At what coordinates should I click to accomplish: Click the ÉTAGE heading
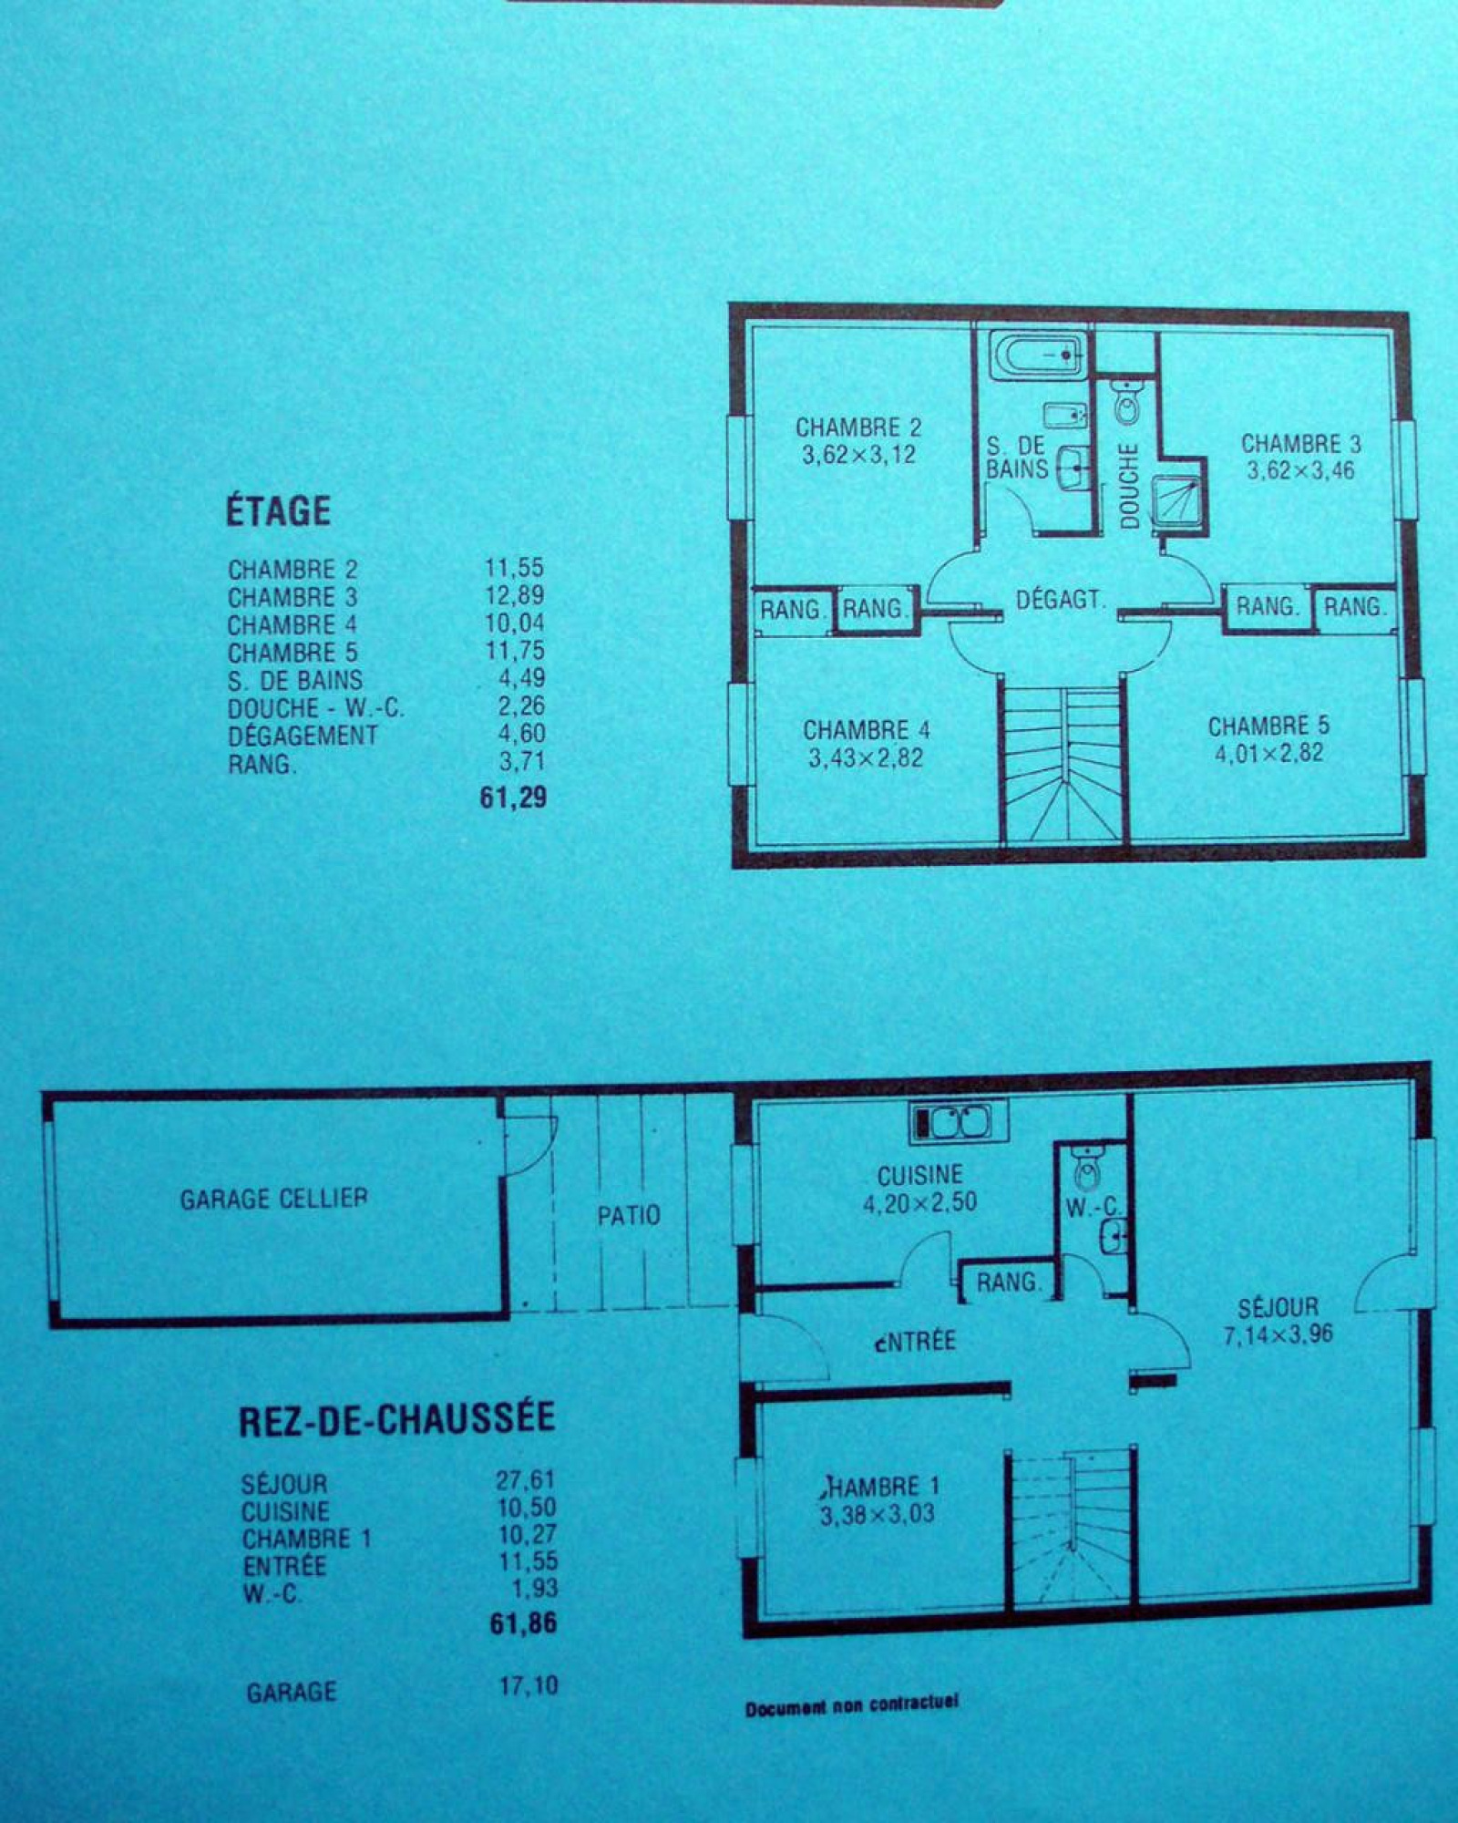(x=278, y=510)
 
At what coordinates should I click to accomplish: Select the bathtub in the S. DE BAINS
(x=1039, y=356)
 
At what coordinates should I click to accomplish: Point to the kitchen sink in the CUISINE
(x=958, y=1122)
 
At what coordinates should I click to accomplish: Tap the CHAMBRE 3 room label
(x=1300, y=444)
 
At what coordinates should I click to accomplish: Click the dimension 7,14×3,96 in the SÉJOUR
(x=1278, y=1335)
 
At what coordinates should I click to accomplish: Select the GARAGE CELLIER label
(x=273, y=1199)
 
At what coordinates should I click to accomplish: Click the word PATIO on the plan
(x=629, y=1216)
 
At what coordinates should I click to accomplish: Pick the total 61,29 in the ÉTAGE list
(x=513, y=798)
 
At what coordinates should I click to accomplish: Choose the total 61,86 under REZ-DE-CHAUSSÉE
(x=523, y=1623)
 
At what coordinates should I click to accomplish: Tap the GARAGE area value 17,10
(x=529, y=1686)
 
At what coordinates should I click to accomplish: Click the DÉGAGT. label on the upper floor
(x=1060, y=600)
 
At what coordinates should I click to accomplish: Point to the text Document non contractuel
(x=852, y=1706)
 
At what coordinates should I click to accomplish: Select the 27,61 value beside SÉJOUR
(x=525, y=1480)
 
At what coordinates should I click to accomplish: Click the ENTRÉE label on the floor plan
(x=915, y=1341)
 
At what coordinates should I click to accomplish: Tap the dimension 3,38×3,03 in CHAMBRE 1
(x=877, y=1515)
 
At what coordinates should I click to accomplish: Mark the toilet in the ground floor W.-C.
(x=1086, y=1167)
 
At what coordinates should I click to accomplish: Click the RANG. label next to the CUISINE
(x=1009, y=1282)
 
